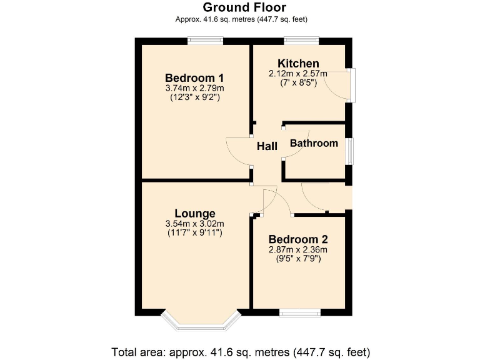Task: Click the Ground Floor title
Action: click(x=244, y=7)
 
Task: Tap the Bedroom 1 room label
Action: click(x=194, y=77)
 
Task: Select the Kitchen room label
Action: click(x=298, y=63)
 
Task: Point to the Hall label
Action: click(x=267, y=146)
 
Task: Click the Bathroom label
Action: click(x=314, y=143)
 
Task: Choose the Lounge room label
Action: click(x=194, y=213)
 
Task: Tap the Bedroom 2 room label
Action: click(x=298, y=239)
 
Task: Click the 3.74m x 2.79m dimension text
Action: click(x=194, y=88)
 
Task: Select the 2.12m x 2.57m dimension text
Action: click(x=298, y=73)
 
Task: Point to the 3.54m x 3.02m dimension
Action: click(x=194, y=224)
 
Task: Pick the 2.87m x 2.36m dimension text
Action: click(x=298, y=249)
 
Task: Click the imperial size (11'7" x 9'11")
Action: click(x=194, y=232)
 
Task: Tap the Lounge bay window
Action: click(x=201, y=321)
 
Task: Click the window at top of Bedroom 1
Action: click(x=206, y=41)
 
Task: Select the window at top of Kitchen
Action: click(x=301, y=41)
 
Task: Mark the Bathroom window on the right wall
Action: click(x=351, y=151)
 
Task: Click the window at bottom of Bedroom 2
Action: click(x=300, y=312)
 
